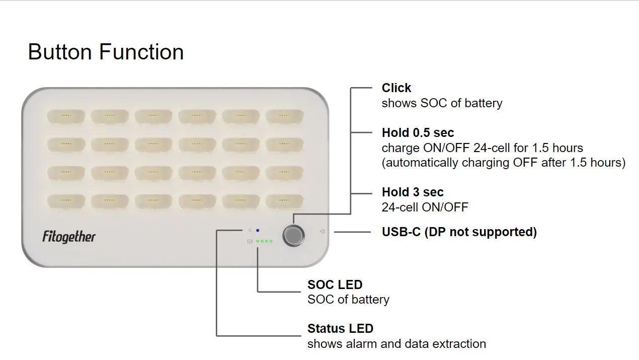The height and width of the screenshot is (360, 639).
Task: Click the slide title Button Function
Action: [106, 52]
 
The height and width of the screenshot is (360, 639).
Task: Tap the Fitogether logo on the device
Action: [69, 237]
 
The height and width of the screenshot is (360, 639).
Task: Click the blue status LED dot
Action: [258, 230]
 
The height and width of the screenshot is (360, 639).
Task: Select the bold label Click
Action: [396, 88]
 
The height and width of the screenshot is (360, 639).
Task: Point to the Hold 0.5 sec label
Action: [418, 133]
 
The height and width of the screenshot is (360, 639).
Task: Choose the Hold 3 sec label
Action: [413, 192]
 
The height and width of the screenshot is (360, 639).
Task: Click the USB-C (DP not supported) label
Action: [459, 232]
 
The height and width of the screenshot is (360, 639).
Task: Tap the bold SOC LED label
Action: [335, 285]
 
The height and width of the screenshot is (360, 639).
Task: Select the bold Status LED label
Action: [340, 329]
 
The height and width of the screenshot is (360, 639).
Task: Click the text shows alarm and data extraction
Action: [396, 344]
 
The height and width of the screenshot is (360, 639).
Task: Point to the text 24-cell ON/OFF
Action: [425, 207]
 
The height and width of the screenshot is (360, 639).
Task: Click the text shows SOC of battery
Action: [442, 103]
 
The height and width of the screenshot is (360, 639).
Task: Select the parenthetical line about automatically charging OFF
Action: [504, 163]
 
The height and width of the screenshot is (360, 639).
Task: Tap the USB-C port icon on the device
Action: [322, 232]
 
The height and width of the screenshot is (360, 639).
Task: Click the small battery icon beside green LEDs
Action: [250, 241]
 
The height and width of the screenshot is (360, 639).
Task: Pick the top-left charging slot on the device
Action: [66, 117]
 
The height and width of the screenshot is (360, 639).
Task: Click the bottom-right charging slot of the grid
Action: [285, 201]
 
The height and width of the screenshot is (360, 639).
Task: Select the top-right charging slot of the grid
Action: [285, 117]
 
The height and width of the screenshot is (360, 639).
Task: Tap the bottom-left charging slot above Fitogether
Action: [66, 201]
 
